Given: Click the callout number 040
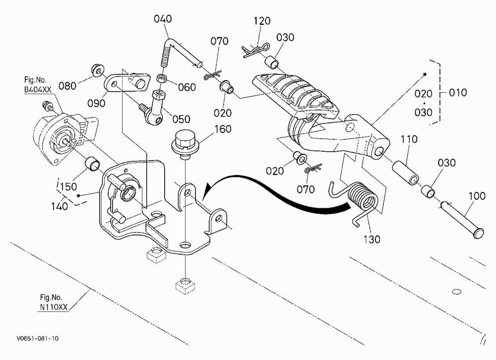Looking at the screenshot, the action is coord(163,19).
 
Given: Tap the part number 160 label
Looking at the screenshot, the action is coord(223,129).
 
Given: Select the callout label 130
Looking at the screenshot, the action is coord(372,239).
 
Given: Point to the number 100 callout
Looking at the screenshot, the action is coord(477,196).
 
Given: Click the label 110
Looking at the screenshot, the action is coord(409,139).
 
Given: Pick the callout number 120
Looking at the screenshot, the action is coord(262,21).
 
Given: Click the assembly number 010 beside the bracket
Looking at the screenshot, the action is coord(458,93).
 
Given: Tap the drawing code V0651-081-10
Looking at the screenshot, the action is coord(38,339).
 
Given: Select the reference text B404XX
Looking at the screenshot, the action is coord(38,90).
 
